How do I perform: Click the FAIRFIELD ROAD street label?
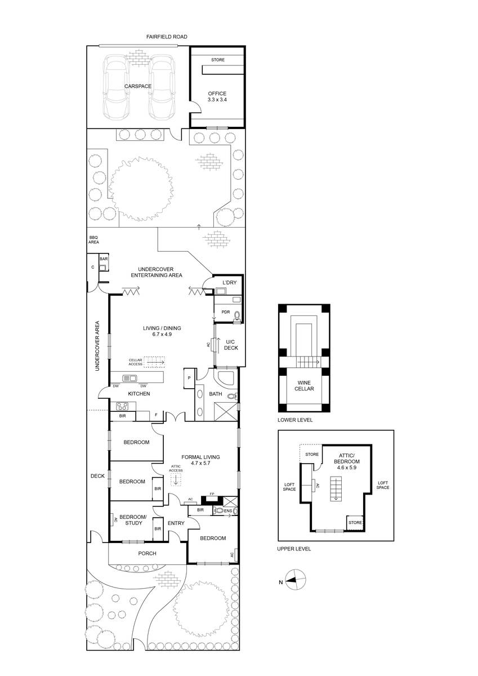pos(167,37)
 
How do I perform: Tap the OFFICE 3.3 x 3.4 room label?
pos(217,96)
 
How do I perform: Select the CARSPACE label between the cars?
pos(138,86)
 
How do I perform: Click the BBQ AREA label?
pos(93,239)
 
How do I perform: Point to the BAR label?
pos(104,259)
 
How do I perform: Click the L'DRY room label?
pos(230,283)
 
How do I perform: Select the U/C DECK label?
pos(231,345)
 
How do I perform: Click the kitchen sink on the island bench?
pos(129,378)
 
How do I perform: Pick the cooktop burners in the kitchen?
pos(122,406)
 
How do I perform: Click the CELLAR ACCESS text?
pos(136,362)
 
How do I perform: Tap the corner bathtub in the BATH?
pos(225,377)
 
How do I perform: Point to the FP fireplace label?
pos(212,494)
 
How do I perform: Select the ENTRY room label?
pos(176,523)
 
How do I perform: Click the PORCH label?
pos(147,553)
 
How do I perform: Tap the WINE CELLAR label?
pos(304,386)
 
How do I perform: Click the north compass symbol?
pos(295,580)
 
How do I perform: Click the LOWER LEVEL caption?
pos(295,420)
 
